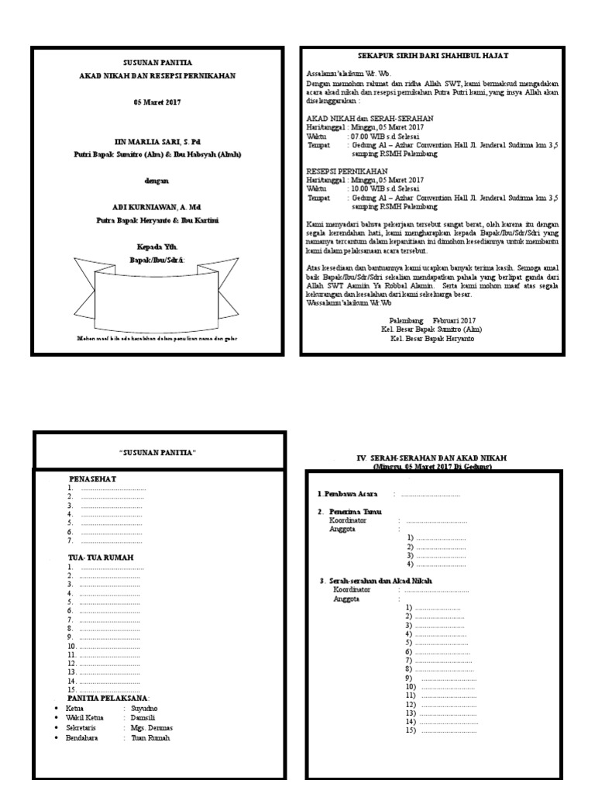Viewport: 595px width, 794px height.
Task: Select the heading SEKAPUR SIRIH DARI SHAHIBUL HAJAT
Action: [433, 57]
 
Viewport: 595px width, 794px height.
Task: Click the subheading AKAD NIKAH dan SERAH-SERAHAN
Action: [358, 118]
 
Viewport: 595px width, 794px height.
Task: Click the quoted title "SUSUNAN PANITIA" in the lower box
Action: [158, 452]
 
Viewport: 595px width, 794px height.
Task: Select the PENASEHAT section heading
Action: [92, 479]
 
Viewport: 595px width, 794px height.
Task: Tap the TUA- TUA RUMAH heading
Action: [101, 558]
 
